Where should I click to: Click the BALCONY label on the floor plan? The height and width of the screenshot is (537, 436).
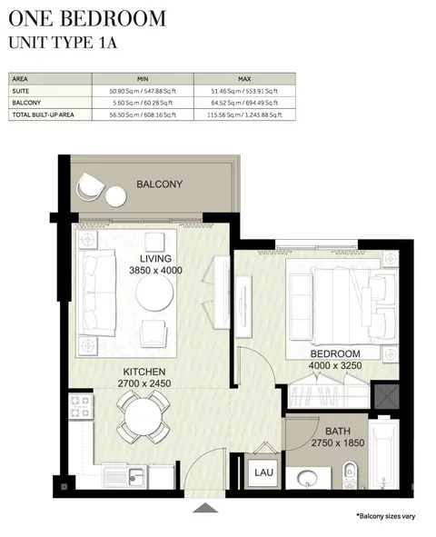pos(160,184)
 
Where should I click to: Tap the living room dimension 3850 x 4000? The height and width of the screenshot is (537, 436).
pos(155,270)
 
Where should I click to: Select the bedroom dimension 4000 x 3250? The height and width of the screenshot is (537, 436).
pos(335,365)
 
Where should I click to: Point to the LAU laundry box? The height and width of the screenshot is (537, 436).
pos(263,472)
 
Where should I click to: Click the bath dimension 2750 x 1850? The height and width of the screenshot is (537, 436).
pos(337,443)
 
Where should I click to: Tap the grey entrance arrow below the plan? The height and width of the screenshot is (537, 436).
pos(205,508)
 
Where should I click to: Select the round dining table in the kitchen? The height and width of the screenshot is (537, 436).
pos(144,417)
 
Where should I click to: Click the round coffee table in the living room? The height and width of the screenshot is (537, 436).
pos(154,293)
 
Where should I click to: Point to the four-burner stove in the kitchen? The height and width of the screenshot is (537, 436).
pos(81,406)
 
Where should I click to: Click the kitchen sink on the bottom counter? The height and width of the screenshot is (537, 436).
pos(136,475)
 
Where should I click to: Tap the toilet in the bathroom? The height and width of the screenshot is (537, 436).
pos(350,474)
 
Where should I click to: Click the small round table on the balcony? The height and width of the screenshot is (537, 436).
pos(116,196)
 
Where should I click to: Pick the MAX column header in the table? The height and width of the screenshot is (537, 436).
pos(244,79)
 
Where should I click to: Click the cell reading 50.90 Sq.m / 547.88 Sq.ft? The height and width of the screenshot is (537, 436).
pos(143,91)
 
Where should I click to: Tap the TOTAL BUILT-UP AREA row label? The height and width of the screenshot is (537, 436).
pos(43,114)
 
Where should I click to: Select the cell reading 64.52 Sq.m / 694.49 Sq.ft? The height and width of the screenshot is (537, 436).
pos(244,103)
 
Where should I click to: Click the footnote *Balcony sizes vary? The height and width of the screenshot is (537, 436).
pos(386,516)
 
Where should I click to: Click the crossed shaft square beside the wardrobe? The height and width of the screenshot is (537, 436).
pos(387,396)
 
